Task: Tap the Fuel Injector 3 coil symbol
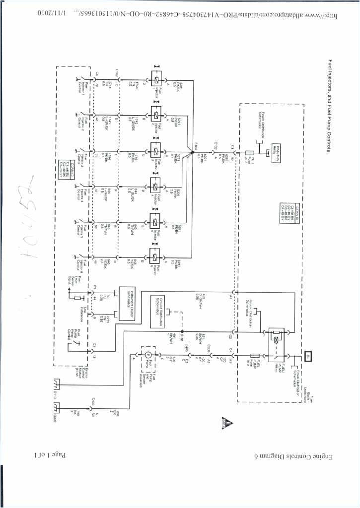155,150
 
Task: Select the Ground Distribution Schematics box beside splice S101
161,310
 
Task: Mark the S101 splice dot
182,331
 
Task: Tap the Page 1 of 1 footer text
50,455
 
